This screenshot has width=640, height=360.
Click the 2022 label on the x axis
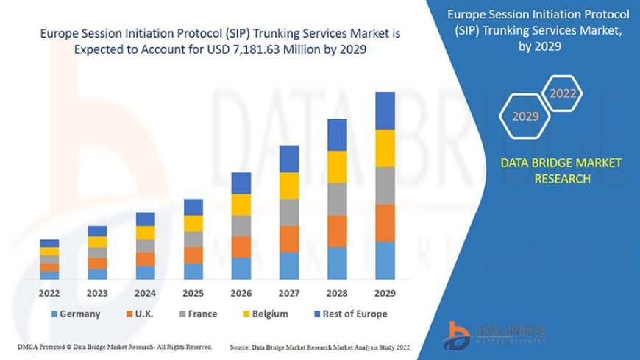pyautogui.click(x=49, y=292)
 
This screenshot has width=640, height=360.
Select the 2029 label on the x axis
pyautogui.click(x=385, y=292)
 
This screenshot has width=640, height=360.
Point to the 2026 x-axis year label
pyautogui.click(x=241, y=292)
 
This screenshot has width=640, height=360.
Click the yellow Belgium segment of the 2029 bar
pyautogui.click(x=385, y=148)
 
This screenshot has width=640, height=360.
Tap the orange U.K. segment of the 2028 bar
pyautogui.click(x=337, y=231)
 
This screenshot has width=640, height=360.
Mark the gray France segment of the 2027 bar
pyautogui.click(x=289, y=212)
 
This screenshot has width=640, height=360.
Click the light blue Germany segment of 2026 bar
pyautogui.click(x=241, y=269)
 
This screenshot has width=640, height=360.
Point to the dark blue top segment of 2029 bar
pyautogui.click(x=385, y=110)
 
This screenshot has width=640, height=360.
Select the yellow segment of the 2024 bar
pyautogui.click(x=146, y=233)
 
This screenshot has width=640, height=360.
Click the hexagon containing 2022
pyautogui.click(x=563, y=93)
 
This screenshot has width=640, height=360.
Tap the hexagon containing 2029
pyautogui.click(x=525, y=116)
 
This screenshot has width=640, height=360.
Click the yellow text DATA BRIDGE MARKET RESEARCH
pyautogui.click(x=561, y=171)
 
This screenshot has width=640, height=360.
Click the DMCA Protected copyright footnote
pyautogui.click(x=115, y=346)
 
